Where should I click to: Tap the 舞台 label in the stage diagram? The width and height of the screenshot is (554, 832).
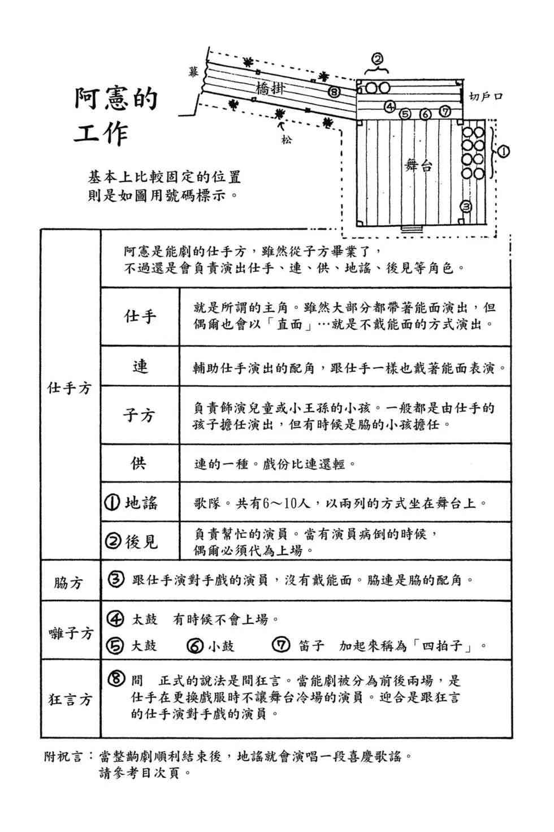tap(418, 165)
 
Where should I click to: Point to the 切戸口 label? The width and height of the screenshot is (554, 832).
tap(486, 96)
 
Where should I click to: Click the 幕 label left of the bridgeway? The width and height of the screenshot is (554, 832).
tap(193, 72)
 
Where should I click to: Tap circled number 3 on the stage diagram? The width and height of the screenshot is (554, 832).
tap(466, 207)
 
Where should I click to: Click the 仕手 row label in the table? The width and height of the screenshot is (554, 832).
tap(140, 316)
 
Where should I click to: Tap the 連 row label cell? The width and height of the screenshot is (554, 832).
tap(140, 367)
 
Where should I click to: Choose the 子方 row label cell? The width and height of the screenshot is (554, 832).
tap(140, 416)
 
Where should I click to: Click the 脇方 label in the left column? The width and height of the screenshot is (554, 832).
tap(69, 582)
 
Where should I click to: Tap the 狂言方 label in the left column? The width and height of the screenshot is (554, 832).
tap(70, 700)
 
